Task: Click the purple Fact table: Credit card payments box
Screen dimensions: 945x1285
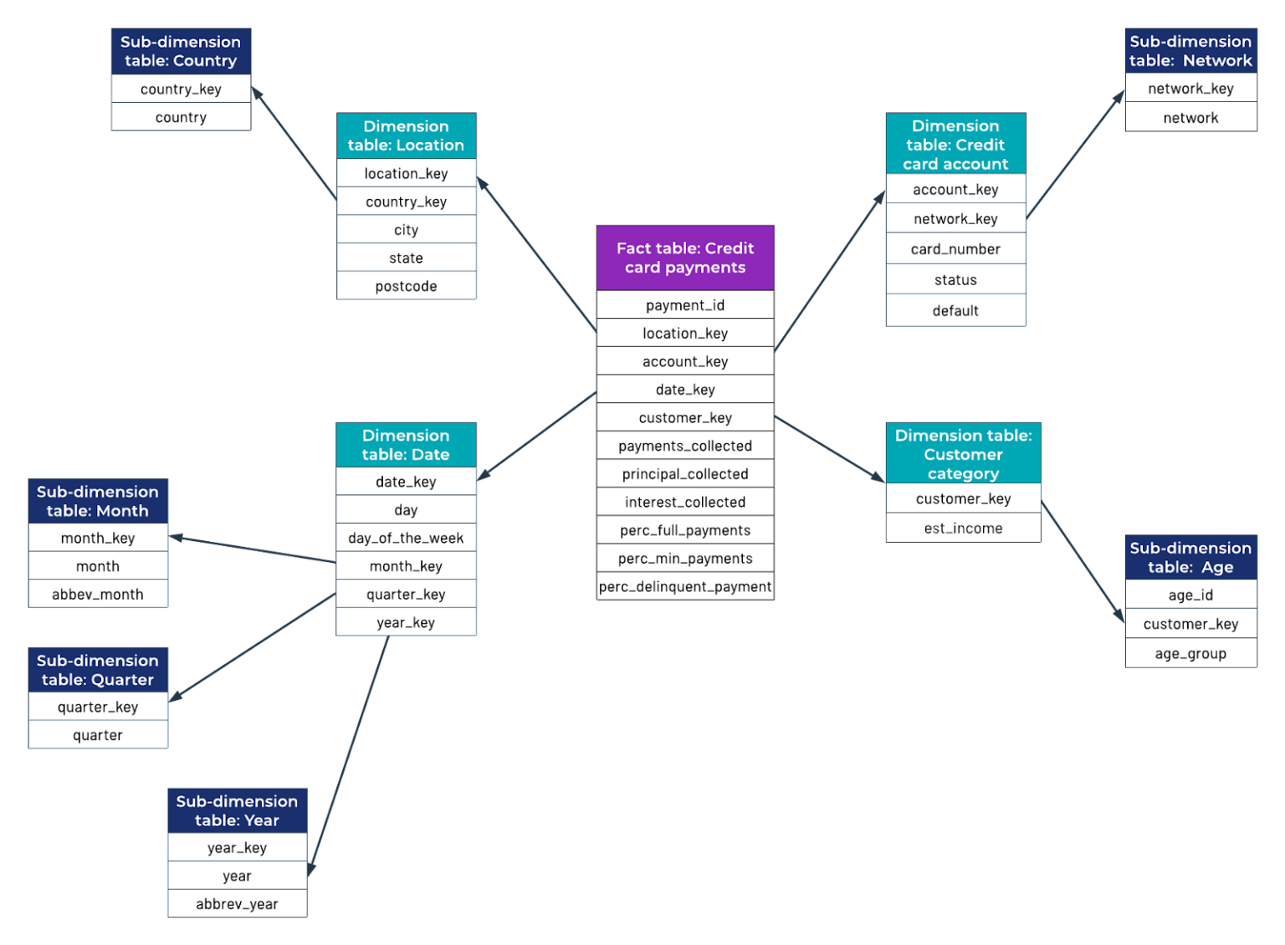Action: (684, 258)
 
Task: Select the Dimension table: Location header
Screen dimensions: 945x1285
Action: (406, 135)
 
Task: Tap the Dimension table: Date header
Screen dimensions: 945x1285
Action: (406, 445)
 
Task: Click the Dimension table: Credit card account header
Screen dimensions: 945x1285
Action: (955, 145)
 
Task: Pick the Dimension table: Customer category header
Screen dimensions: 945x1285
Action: (963, 454)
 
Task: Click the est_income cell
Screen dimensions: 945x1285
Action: (963, 529)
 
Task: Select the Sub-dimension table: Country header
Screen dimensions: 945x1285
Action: (181, 51)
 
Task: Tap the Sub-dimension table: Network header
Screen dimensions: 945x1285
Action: (1190, 51)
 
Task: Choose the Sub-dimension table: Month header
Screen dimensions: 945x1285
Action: (98, 501)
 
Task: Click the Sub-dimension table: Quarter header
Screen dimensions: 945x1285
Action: (98, 670)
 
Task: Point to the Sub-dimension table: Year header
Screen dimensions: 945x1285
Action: (237, 810)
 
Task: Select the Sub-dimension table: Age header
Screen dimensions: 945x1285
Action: (1190, 558)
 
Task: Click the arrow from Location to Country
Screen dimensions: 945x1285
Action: (294, 143)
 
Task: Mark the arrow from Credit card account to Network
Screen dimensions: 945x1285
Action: (1076, 153)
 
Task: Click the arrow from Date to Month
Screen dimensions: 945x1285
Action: (252, 549)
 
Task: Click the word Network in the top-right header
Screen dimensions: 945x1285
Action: (1217, 61)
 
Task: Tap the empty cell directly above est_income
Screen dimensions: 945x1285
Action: (963, 498)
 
